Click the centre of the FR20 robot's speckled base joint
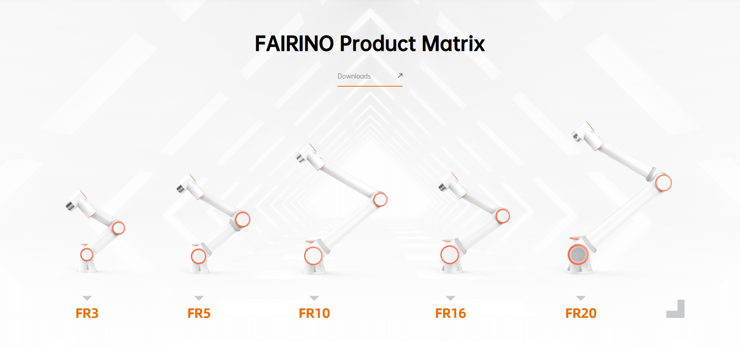click(578, 254)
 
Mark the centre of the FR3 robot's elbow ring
click(119, 228)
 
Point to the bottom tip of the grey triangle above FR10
click(314, 300)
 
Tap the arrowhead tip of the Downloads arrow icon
click(402, 73)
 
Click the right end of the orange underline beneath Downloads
click(402, 86)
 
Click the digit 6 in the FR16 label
click(461, 313)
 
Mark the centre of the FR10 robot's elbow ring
click(380, 200)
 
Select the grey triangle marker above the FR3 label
click(87, 298)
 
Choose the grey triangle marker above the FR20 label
click(581, 298)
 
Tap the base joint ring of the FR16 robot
click(449, 254)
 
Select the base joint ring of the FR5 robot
click(198, 256)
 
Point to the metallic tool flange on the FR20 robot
click(576, 136)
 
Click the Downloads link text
click(354, 76)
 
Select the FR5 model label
click(199, 313)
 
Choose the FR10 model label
click(314, 313)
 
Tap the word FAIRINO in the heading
click(294, 43)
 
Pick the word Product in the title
click(378, 43)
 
